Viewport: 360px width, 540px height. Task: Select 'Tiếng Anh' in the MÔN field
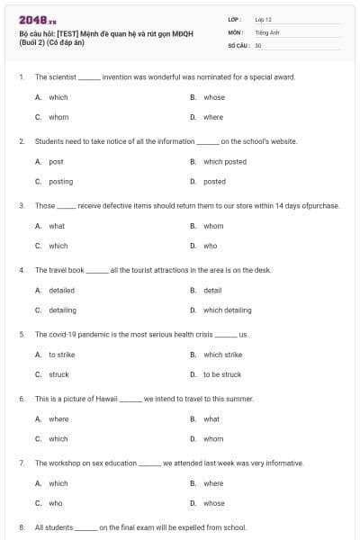coord(264,31)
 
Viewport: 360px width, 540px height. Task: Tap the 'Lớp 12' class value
coord(262,18)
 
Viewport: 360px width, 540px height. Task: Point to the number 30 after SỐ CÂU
coord(258,44)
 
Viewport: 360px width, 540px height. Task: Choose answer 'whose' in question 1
coord(214,97)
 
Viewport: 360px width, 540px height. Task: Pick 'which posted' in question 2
coord(225,162)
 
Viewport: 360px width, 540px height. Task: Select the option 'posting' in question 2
coord(61,181)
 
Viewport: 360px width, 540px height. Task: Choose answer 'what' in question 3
coord(57,226)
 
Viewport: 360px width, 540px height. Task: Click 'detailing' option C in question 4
coord(62,310)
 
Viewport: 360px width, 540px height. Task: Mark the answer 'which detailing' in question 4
coord(228,310)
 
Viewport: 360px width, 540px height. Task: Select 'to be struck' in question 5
coord(222,374)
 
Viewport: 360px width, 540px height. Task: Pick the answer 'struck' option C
coord(58,374)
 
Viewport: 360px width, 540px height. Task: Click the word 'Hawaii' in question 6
coord(106,398)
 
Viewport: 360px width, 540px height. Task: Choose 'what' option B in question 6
coord(211,418)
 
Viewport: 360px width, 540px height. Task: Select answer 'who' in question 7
coord(56,503)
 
